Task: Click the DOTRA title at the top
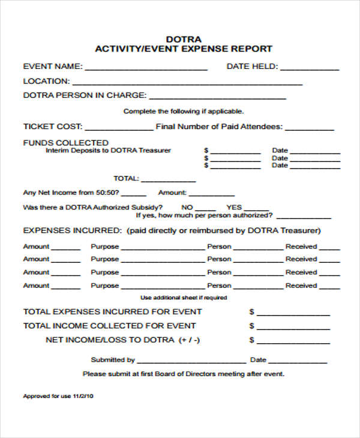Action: (184, 38)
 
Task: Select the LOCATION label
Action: (46, 81)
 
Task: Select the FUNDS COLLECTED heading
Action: (65, 143)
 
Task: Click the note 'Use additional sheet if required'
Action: (184, 298)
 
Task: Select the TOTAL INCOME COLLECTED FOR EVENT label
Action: (109, 326)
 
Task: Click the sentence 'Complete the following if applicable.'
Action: (184, 111)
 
